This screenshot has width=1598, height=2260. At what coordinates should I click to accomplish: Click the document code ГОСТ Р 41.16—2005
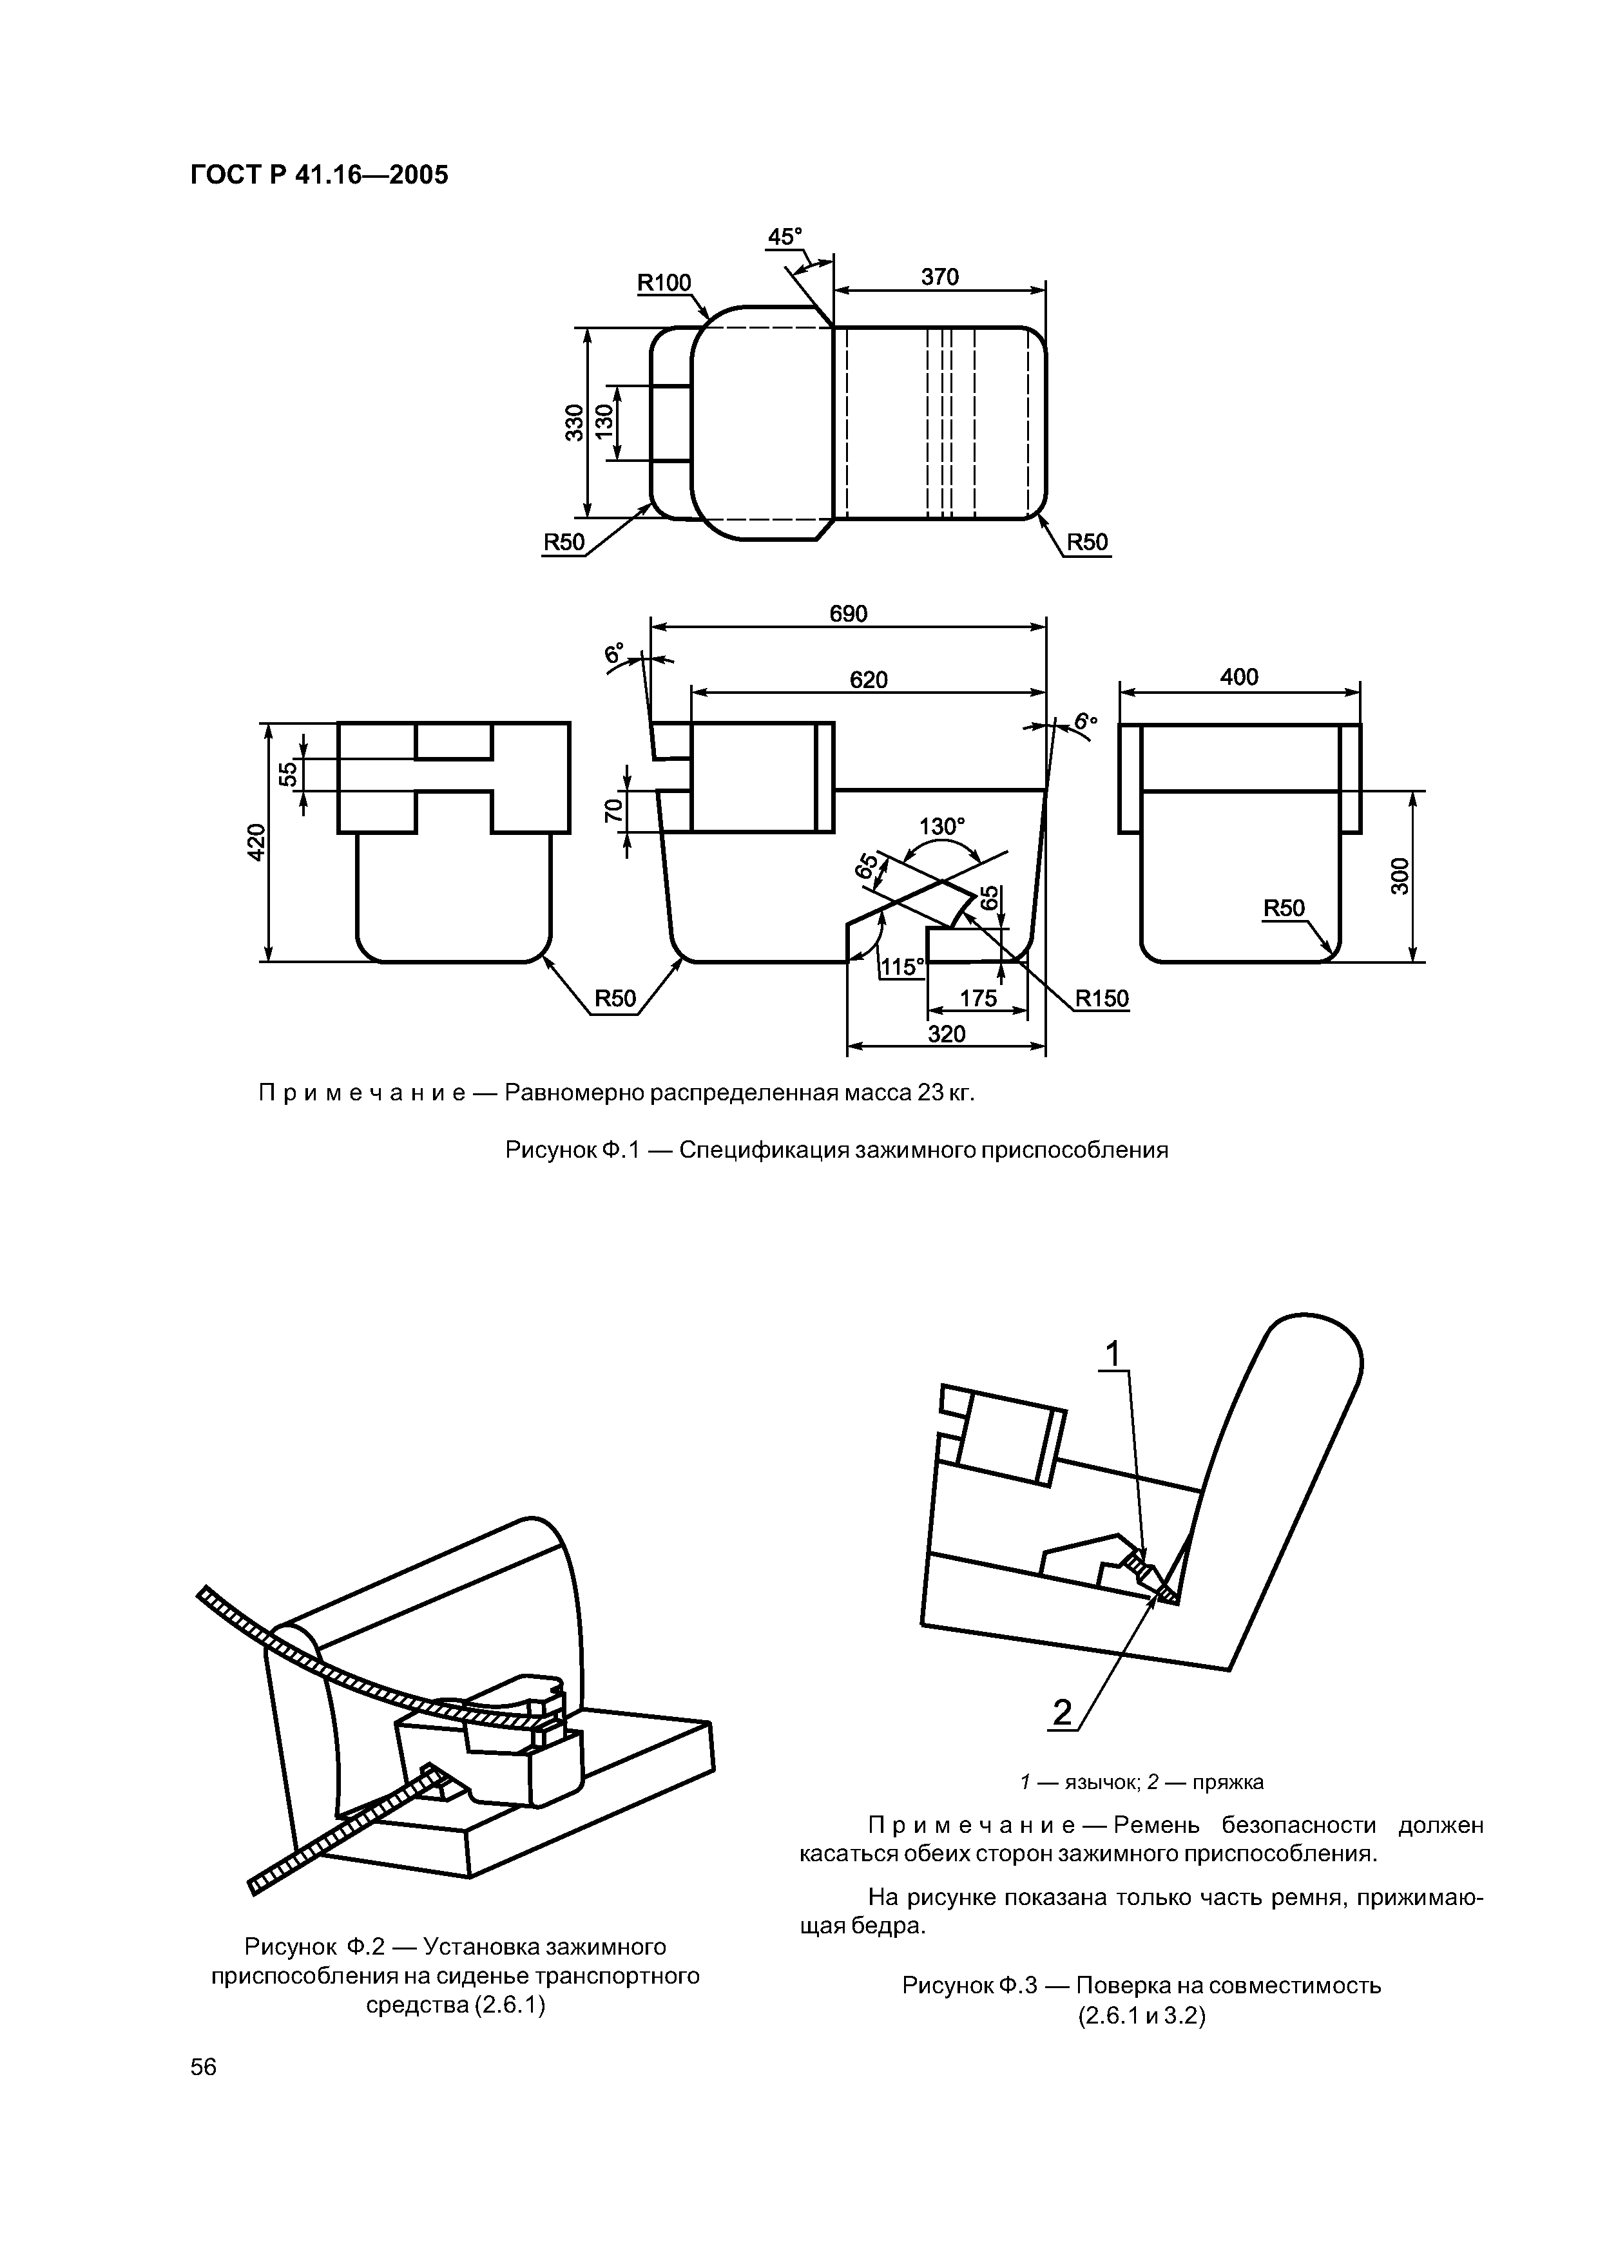pyautogui.click(x=319, y=175)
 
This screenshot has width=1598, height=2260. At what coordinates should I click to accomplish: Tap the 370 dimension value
pyautogui.click(x=939, y=278)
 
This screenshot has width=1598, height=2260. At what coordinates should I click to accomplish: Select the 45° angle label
pyautogui.click(x=785, y=237)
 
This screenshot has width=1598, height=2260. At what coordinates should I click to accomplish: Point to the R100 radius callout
pyautogui.click(x=664, y=283)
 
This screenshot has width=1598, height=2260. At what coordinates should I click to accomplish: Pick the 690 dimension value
pyautogui.click(x=848, y=614)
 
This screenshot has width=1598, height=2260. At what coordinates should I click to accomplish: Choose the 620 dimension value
pyautogui.click(x=869, y=680)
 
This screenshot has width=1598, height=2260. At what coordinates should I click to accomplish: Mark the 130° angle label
pyautogui.click(x=942, y=827)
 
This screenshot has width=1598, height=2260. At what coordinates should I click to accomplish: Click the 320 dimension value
pyautogui.click(x=946, y=1033)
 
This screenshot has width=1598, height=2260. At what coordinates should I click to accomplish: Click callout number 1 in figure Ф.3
pyautogui.click(x=1113, y=1355)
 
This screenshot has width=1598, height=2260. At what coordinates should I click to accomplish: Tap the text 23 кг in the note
pyautogui.click(x=945, y=1093)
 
